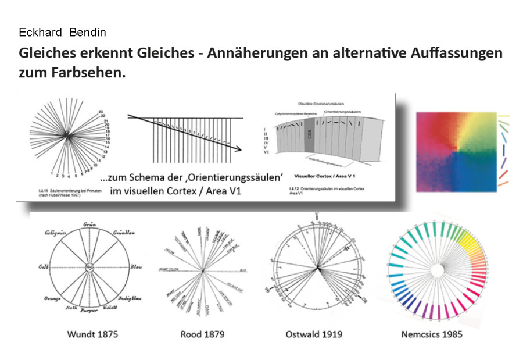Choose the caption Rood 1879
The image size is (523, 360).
[202, 334]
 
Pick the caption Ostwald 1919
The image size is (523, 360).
[314, 334]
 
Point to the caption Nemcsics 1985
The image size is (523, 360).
[432, 334]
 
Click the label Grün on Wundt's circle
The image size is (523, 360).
[89, 224]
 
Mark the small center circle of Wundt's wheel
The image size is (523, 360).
[90, 268]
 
